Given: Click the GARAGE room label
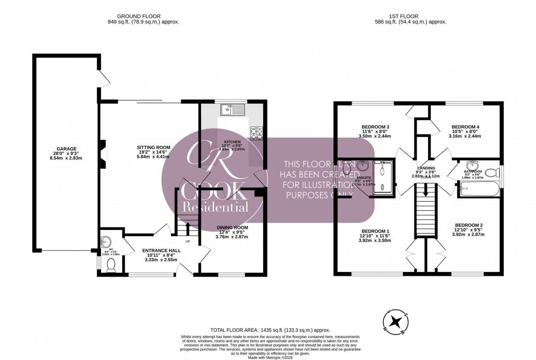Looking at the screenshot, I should pyautogui.click(x=67, y=149).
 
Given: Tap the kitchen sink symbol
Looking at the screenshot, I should pyautogui.click(x=232, y=109).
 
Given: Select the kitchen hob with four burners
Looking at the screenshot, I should pyautogui.click(x=257, y=133).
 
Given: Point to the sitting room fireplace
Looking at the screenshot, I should pyautogui.click(x=104, y=154).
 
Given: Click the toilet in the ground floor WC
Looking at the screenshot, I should pyautogui.click(x=110, y=265).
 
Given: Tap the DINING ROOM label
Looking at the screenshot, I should pyautogui.click(x=232, y=227).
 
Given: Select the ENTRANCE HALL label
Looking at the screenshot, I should pyautogui.click(x=161, y=251).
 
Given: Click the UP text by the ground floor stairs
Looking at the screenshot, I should pyautogui.click(x=188, y=241).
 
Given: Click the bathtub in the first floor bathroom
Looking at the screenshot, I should pyautogui.click(x=478, y=189).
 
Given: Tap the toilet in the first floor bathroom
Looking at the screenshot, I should pyautogui.click(x=492, y=173).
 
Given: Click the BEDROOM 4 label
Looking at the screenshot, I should pyautogui.click(x=465, y=127).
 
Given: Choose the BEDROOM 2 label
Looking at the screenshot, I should pyautogui.click(x=469, y=225).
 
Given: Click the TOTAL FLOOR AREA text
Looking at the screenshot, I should pyautogui.click(x=270, y=330).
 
